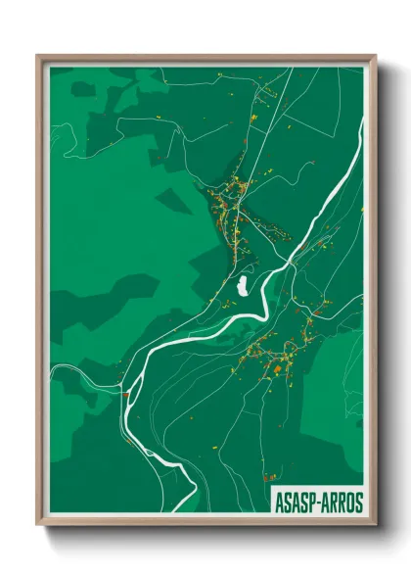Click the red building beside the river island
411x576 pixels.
(126, 393)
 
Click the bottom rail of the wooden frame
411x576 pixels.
(205, 520)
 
